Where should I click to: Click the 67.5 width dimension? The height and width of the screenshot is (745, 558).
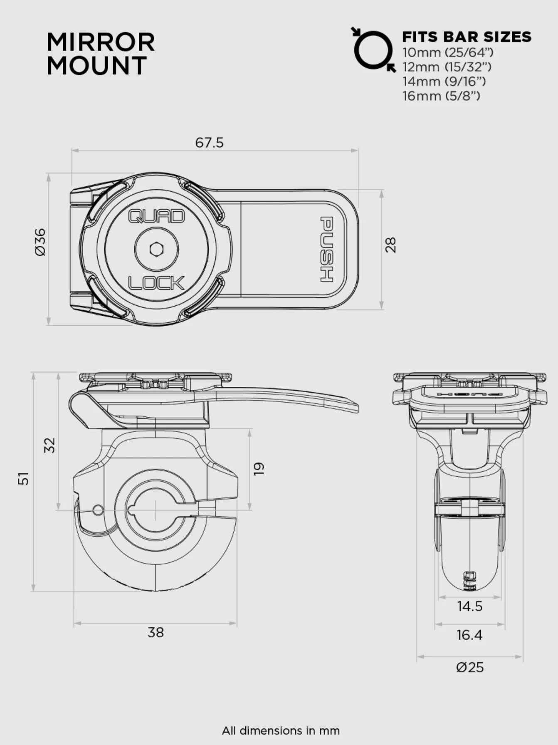tap(209, 143)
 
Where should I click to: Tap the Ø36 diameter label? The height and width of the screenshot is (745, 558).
tap(40, 242)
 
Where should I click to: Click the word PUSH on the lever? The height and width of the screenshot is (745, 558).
tap(327, 249)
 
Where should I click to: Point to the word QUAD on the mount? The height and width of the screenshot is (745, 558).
tap(156, 216)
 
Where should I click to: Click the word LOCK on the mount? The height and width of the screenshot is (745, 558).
tap(156, 283)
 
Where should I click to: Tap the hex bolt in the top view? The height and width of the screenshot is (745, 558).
tap(157, 250)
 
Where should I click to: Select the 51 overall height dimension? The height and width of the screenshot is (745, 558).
tap(24, 478)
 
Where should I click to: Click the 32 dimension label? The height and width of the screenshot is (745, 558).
tap(49, 445)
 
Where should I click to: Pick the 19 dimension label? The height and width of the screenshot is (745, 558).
tap(259, 468)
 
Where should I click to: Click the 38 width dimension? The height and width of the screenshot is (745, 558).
tap(156, 632)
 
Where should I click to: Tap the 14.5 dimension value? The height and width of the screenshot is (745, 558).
tap(469, 606)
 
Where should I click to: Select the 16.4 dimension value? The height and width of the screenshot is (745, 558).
tap(469, 635)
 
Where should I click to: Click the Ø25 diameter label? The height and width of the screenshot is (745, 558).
tap(470, 667)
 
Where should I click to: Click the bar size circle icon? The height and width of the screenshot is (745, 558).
tap(373, 50)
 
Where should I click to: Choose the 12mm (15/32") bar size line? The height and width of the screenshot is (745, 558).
tap(447, 67)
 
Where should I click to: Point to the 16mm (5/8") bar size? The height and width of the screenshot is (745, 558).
tap(441, 96)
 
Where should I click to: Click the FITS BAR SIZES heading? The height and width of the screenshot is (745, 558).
tap(467, 37)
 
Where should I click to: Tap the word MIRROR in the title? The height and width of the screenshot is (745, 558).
tap(101, 42)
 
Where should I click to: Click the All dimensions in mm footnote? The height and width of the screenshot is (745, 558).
tap(281, 730)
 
